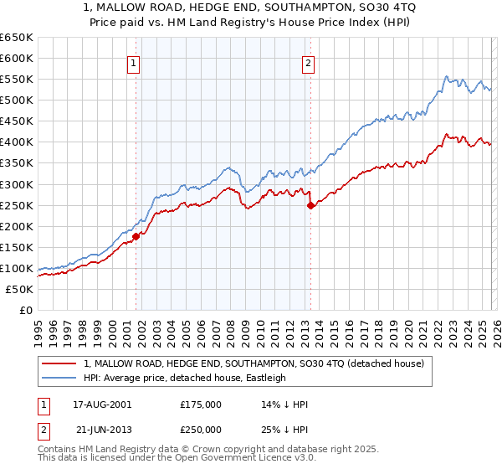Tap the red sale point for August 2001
(136, 236)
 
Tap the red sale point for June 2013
(310, 204)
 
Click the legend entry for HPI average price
(185, 378)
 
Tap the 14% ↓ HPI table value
(284, 405)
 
